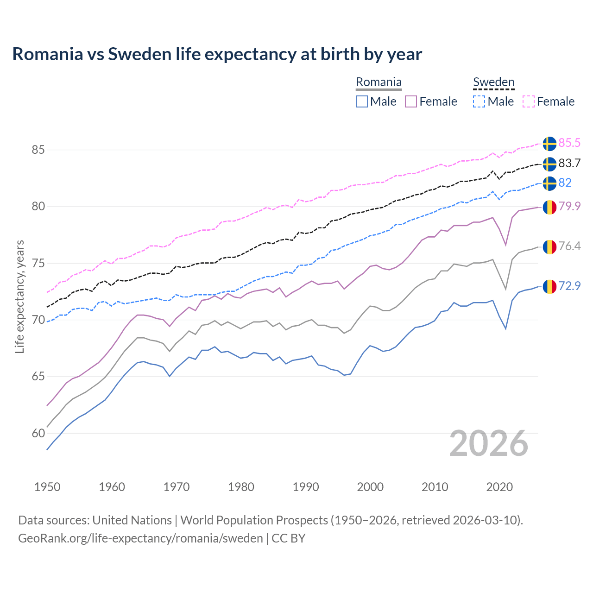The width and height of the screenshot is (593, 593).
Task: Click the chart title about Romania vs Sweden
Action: [x=217, y=54]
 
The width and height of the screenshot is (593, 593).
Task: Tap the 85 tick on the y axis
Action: [x=38, y=150]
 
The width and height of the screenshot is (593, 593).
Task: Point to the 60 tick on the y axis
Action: [x=38, y=433]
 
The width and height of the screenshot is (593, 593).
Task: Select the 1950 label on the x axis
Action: [x=47, y=487]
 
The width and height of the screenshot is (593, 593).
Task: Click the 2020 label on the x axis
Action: [x=499, y=487]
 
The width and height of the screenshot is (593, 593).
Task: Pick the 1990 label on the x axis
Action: [x=306, y=487]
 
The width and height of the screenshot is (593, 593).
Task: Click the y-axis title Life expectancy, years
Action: [x=19, y=296]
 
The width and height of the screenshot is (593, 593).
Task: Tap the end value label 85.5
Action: [x=569, y=143]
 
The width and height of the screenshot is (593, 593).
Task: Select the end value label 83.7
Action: [x=569, y=163]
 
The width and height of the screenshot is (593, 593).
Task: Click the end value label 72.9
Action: [x=569, y=286]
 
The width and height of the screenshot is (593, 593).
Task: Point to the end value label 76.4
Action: [x=569, y=246]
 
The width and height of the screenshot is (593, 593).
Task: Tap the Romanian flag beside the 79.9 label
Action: [x=549, y=207]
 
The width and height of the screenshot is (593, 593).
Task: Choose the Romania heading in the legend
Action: [x=379, y=82]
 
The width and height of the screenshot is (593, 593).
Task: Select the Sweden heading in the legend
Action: [x=493, y=82]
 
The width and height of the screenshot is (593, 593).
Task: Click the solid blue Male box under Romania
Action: [x=362, y=101]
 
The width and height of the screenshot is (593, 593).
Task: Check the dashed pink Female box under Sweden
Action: [x=529, y=101]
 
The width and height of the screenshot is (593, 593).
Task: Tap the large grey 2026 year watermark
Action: [x=489, y=443]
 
